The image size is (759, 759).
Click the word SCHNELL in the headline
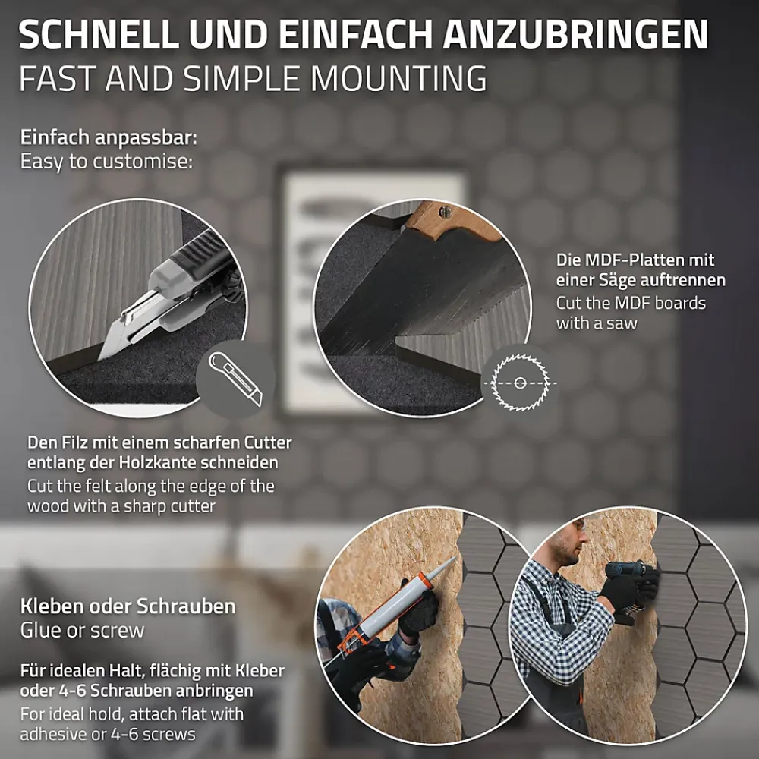tap(98, 34)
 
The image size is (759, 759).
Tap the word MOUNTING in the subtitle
tap(398, 78)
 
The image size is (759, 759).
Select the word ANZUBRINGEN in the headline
tap(575, 34)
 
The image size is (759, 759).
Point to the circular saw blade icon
tap(519, 383)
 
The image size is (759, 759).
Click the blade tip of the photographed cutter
tap(99, 357)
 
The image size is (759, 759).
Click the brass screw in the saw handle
tap(445, 210)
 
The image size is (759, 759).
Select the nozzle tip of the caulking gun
tap(454, 558)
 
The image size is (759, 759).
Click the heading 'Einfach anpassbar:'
tap(109, 138)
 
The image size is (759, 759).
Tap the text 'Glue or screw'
tap(82, 630)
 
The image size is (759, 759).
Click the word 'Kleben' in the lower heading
tap(53, 606)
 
